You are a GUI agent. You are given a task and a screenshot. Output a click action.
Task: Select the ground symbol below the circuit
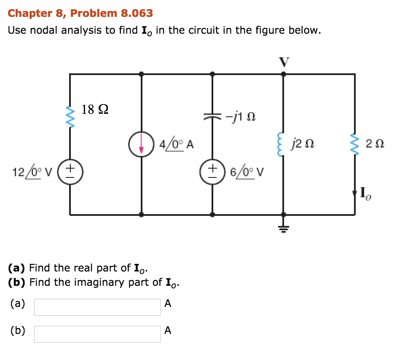[x=283, y=229]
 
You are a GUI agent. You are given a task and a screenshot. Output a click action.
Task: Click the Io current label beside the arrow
[x=365, y=194]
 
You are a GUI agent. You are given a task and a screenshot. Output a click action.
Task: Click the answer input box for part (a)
[x=97, y=307]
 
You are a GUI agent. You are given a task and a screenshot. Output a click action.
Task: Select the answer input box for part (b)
[x=97, y=334]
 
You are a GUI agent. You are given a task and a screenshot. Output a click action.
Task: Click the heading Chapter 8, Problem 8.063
[x=80, y=13]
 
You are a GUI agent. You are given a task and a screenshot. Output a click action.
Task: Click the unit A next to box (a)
[x=168, y=304]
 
